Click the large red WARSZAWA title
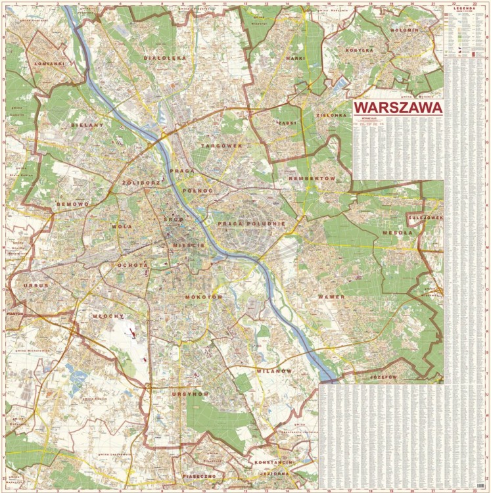tap(396, 107)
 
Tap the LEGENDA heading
tap(465, 9)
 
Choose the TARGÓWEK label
tap(221, 145)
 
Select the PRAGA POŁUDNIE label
tap(251, 223)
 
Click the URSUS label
tap(35, 286)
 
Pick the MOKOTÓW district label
tap(205, 297)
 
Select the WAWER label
tap(331, 298)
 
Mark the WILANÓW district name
tap(273, 371)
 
